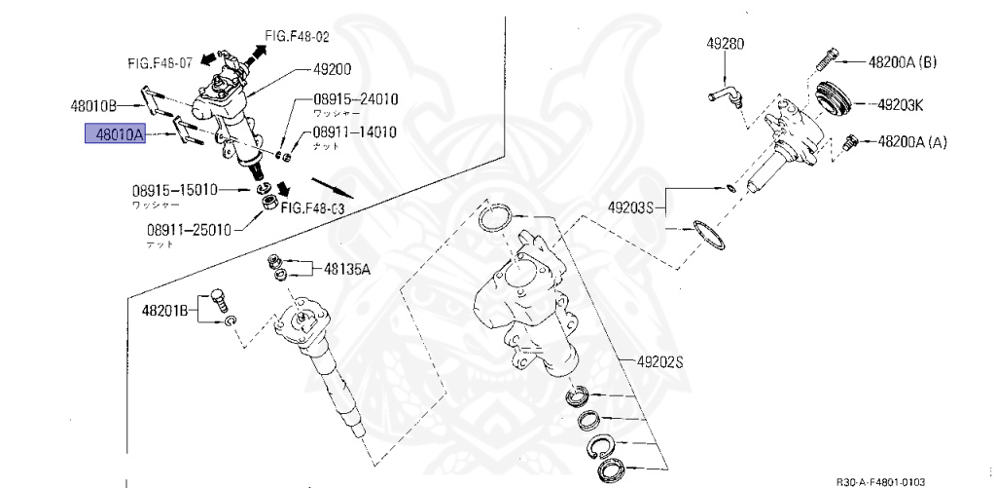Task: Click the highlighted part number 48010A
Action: [114, 134]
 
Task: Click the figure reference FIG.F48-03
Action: [314, 207]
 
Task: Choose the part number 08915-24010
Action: [355, 99]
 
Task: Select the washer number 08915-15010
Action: [175, 191]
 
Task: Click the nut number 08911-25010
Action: [189, 230]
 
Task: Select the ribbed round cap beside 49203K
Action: [833, 100]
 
